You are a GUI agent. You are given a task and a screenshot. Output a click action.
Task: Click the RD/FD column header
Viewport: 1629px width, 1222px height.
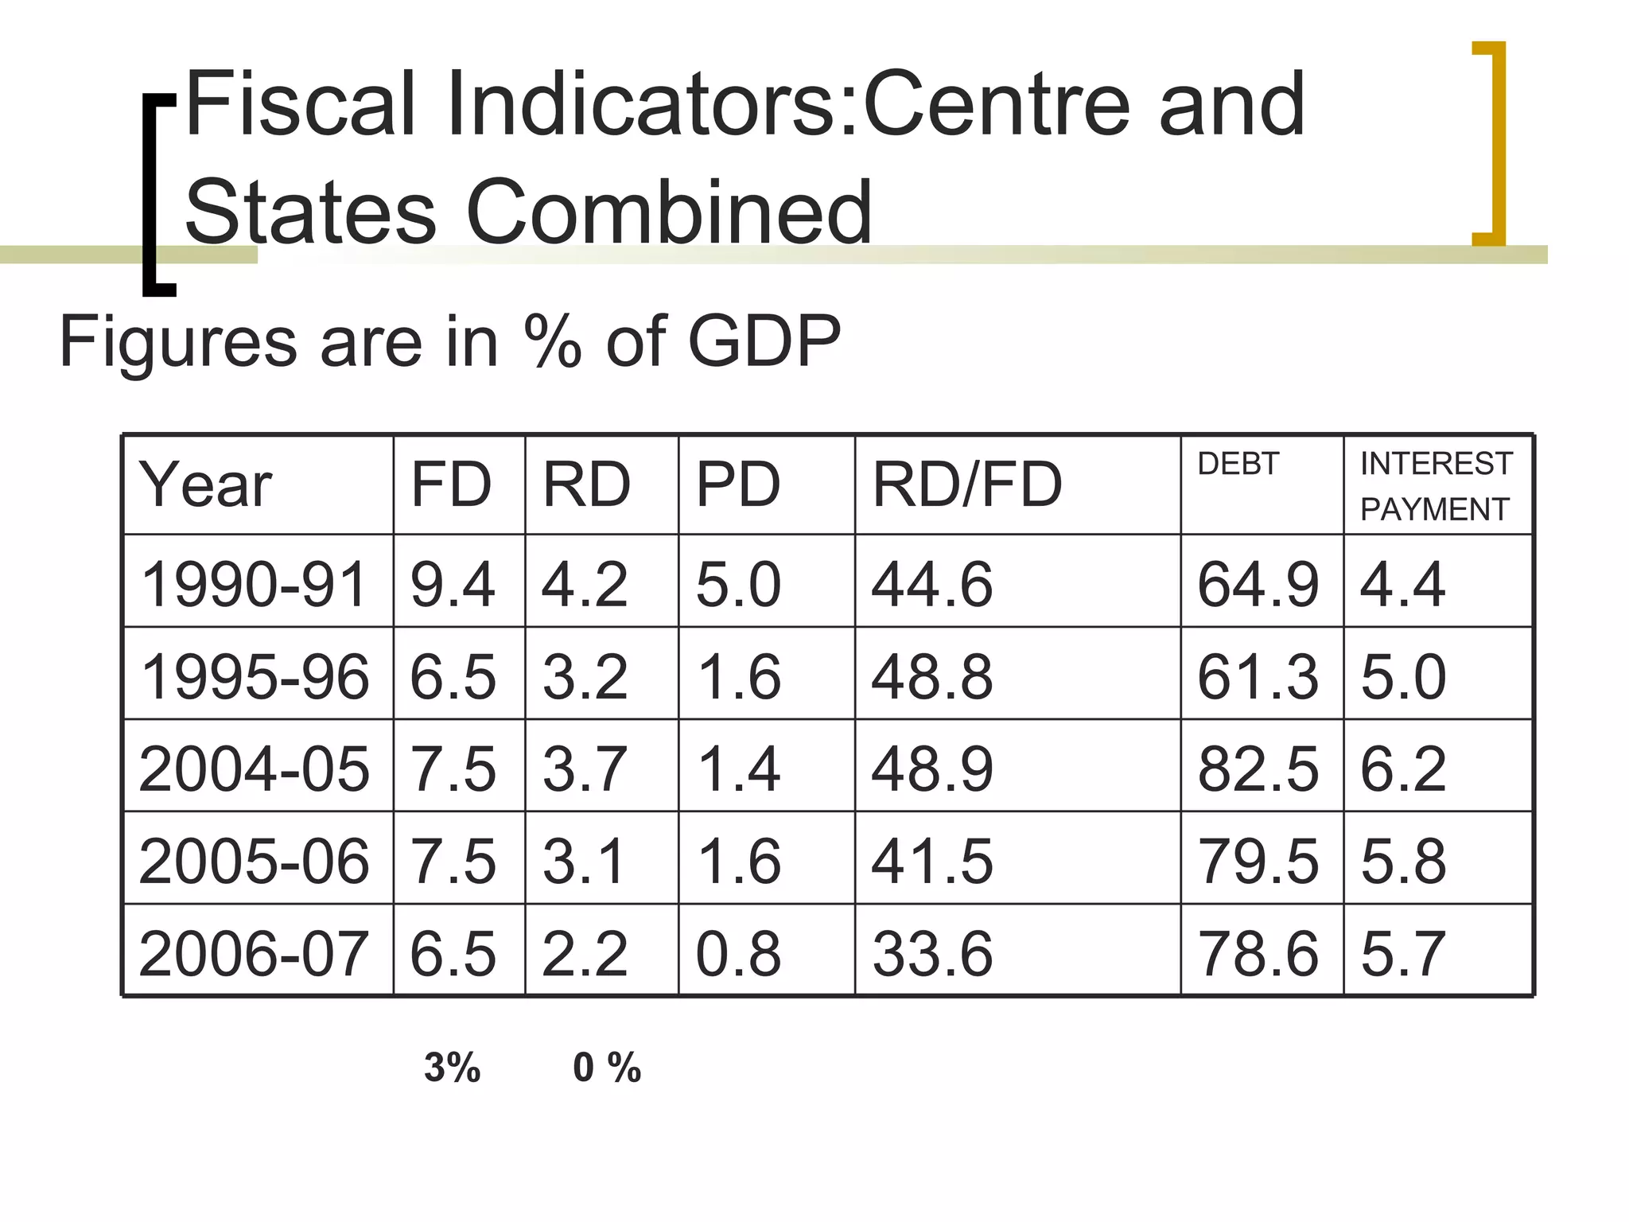(x=966, y=485)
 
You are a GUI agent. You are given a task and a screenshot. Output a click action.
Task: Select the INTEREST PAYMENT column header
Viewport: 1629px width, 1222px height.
(x=1436, y=486)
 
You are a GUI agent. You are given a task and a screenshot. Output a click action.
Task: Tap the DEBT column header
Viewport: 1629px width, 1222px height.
(x=1238, y=464)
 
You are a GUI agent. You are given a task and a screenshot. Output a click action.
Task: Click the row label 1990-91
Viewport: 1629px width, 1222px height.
(x=253, y=584)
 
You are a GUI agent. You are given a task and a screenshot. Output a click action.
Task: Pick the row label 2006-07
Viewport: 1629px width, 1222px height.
(x=253, y=953)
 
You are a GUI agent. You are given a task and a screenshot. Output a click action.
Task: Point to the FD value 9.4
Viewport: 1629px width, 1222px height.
(x=453, y=584)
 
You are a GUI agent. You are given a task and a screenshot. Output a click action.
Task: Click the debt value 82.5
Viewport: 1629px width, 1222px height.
(x=1258, y=769)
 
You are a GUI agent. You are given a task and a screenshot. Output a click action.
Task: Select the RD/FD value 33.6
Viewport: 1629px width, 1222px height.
(x=932, y=953)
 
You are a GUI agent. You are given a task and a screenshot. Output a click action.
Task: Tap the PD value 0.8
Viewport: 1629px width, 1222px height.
(x=738, y=953)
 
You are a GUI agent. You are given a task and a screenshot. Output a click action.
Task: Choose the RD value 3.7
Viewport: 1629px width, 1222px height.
(x=585, y=769)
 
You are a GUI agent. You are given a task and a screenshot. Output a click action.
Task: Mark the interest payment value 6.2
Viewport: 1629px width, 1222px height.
(x=1402, y=769)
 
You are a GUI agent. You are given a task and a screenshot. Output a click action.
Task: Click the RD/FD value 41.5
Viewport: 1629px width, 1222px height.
(x=932, y=861)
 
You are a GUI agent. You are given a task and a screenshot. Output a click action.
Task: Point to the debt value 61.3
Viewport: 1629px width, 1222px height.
(x=1258, y=676)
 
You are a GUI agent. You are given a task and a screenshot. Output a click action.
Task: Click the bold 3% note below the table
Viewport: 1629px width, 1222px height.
(x=452, y=1068)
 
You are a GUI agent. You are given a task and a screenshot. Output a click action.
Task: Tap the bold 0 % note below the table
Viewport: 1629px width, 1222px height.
(x=606, y=1068)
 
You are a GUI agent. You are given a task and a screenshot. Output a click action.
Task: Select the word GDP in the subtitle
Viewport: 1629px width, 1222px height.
(x=764, y=341)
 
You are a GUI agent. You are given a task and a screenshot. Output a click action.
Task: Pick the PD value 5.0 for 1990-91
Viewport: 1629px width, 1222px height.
(x=738, y=584)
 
